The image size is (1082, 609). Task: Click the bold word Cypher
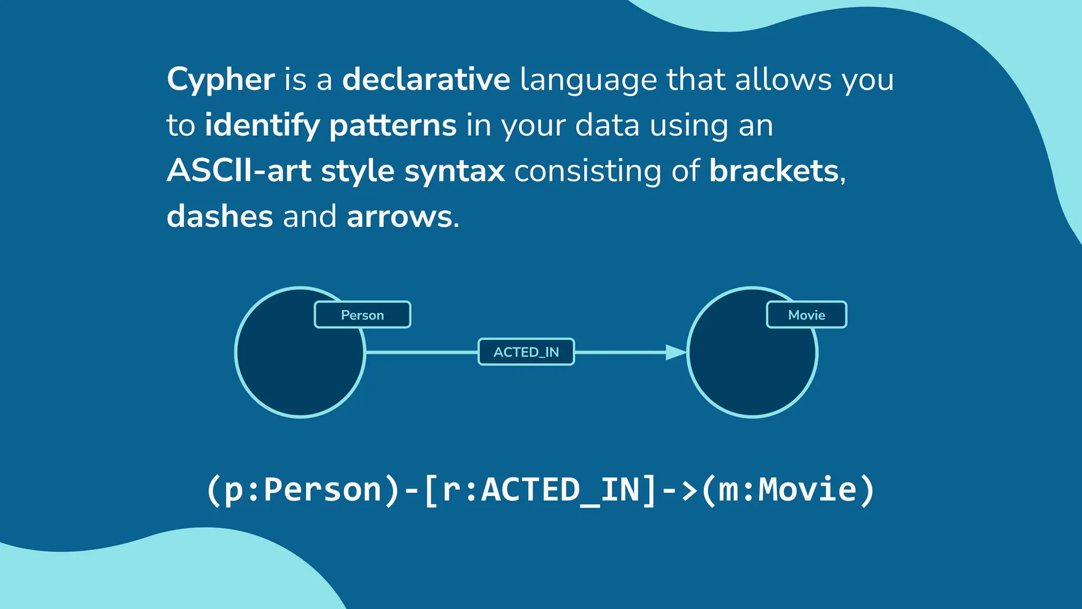(220, 80)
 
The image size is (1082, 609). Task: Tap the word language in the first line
(587, 80)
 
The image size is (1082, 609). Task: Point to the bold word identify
(262, 126)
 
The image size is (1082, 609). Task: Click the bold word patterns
(393, 126)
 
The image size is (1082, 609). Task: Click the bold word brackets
(774, 171)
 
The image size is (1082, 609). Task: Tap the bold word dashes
(220, 217)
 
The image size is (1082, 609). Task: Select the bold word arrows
(399, 217)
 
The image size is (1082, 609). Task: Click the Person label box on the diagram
(362, 315)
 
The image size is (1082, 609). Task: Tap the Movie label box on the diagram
(806, 315)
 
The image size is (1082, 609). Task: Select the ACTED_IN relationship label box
(526, 352)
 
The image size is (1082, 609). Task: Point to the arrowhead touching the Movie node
(675, 352)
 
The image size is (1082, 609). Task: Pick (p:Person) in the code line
(303, 490)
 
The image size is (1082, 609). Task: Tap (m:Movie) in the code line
(788, 490)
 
